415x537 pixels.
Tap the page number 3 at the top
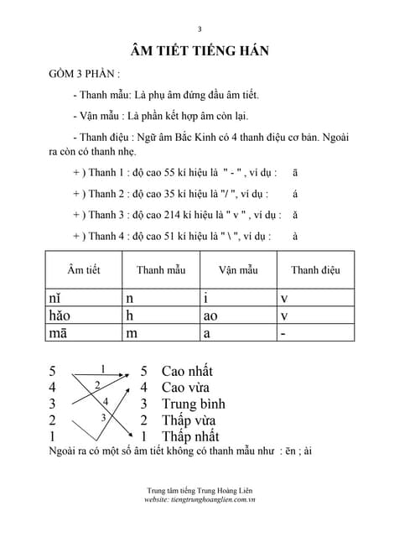tap(200, 26)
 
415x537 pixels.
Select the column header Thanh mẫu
tap(160, 269)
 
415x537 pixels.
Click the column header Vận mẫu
tap(238, 269)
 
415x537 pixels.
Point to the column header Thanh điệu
tap(315, 269)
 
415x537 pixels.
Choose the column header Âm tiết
tap(84, 269)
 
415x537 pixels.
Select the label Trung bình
tap(194, 404)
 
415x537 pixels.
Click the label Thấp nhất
tap(190, 436)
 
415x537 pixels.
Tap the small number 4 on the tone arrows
tap(106, 401)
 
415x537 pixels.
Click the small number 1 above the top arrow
tap(103, 368)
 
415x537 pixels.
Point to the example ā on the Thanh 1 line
tap(295, 172)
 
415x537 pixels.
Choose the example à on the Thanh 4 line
tap(295, 236)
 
